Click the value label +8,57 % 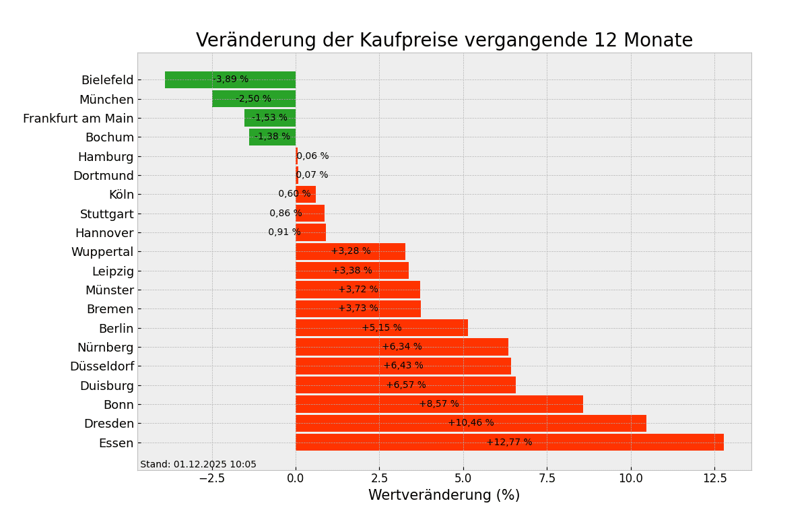coord(439,404)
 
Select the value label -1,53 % coord(269,118)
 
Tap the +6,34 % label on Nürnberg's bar coord(402,347)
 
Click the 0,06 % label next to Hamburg coord(313,156)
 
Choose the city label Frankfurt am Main coord(78,119)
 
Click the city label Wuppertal coord(102,252)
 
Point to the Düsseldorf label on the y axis coord(102,366)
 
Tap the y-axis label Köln coord(121,195)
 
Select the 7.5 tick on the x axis coord(547,478)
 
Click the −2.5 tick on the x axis coord(211,478)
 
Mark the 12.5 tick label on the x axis coord(714,478)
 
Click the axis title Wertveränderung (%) coord(444,496)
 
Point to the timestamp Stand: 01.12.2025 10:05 coord(198,465)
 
